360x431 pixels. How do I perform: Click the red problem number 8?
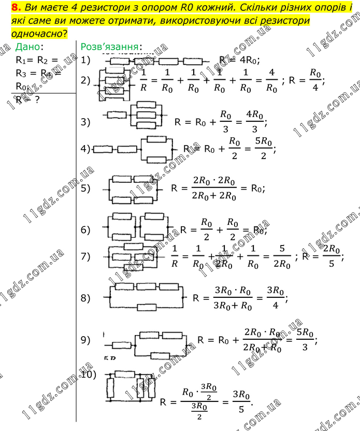(15, 8)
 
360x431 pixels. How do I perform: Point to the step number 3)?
(86, 122)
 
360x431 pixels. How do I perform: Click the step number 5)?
(86, 188)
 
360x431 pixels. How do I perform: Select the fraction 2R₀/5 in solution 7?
(332, 257)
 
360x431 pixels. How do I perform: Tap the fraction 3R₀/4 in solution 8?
(275, 298)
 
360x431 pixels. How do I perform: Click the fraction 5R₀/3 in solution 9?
(304, 340)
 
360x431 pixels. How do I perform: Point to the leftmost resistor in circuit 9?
(120, 344)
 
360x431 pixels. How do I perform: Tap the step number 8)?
(86, 298)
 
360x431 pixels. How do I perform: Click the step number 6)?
(86, 229)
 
